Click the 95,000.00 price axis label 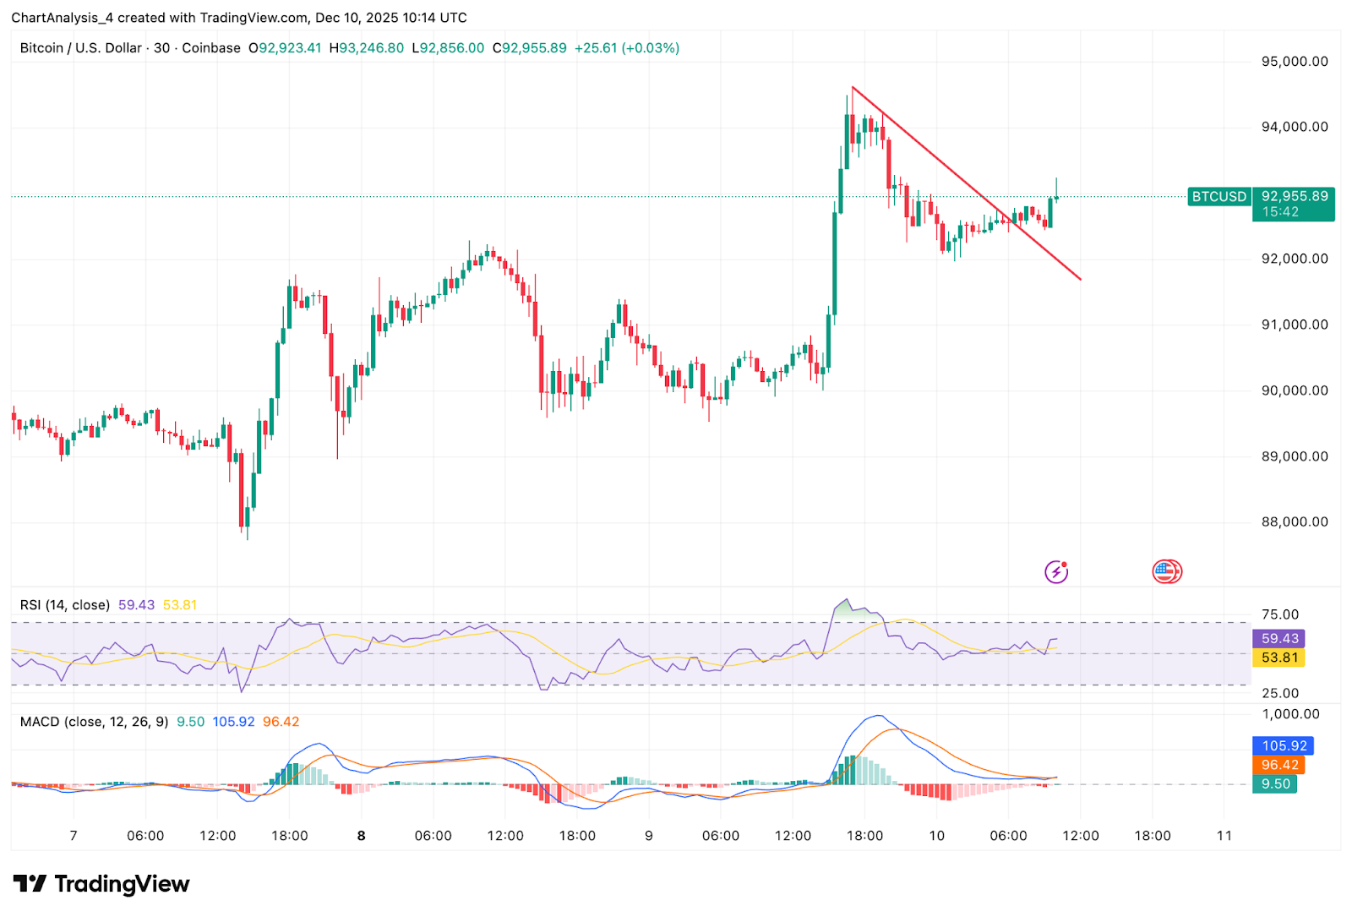(x=1294, y=62)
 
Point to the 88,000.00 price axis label (x=1294, y=522)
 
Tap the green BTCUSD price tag (x=1218, y=197)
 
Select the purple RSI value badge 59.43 (x=1279, y=639)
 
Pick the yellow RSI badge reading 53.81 (x=1279, y=658)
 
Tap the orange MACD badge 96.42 (x=1279, y=765)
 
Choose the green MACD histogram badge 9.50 (x=1275, y=784)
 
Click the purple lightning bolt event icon (x=1056, y=572)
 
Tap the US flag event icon (x=1166, y=572)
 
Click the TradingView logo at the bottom (x=101, y=884)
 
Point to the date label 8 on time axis (x=362, y=836)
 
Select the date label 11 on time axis (x=1224, y=836)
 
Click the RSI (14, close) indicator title (x=65, y=605)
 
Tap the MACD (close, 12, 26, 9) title (x=94, y=722)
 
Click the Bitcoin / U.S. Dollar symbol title (x=81, y=48)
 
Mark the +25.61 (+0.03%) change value (x=626, y=48)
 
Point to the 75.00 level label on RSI (x=1279, y=615)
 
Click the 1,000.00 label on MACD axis (x=1290, y=714)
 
